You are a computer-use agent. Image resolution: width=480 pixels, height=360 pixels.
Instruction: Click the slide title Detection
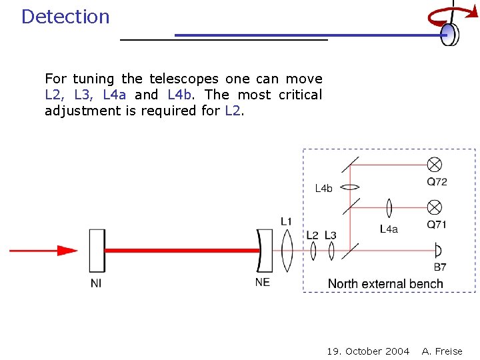[65, 17]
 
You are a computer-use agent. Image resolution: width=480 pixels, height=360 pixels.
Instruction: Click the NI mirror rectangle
[97, 251]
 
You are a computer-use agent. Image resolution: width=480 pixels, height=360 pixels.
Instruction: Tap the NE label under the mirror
[263, 282]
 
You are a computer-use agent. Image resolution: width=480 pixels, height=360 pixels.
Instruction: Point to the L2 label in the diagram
[312, 235]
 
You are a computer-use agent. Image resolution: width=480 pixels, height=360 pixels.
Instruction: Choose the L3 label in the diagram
[330, 235]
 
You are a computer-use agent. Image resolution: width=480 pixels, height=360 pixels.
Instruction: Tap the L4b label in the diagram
[323, 189]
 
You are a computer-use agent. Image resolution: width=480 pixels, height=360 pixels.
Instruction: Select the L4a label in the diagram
[389, 229]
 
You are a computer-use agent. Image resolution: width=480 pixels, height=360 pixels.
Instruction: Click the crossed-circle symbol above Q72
[435, 164]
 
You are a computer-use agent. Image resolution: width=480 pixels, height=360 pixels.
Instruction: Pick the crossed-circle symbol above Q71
[435, 206]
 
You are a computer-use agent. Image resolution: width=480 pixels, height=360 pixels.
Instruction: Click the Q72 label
[437, 182]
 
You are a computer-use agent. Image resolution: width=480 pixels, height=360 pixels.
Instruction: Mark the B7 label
[440, 267]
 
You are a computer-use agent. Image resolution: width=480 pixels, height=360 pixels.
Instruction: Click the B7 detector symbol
[437, 251]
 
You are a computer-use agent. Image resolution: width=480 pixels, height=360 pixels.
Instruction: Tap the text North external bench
[385, 284]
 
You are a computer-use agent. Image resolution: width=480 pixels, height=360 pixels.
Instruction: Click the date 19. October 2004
[368, 351]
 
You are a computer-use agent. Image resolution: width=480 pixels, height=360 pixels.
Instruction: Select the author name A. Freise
[442, 351]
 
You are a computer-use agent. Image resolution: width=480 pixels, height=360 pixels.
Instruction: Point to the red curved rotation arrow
[442, 15]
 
